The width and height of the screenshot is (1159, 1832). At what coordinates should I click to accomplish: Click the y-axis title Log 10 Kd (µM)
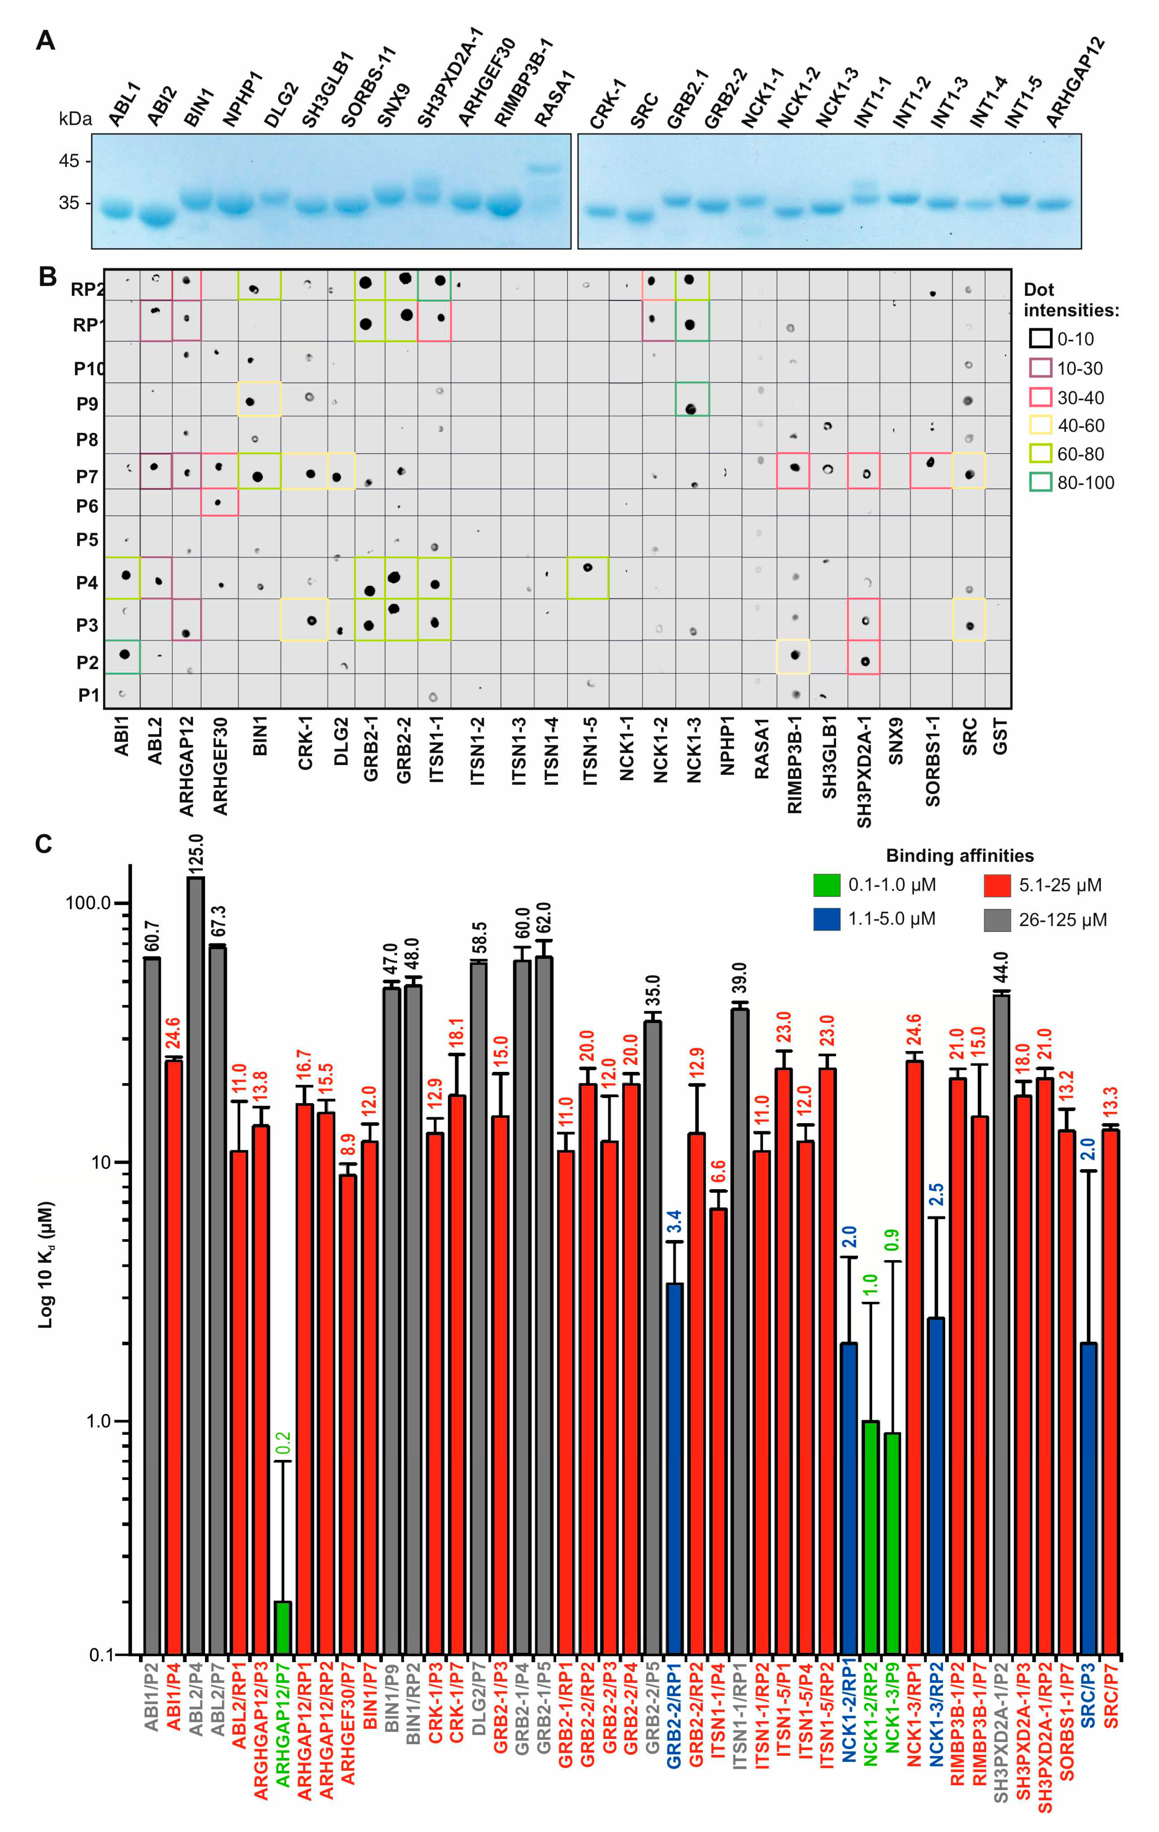tap(46, 1264)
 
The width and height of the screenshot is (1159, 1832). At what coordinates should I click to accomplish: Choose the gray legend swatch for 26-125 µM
tap(997, 920)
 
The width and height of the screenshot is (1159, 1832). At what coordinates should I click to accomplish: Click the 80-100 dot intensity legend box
tap(1040, 482)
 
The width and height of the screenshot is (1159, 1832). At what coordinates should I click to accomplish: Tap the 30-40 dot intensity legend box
tap(1040, 397)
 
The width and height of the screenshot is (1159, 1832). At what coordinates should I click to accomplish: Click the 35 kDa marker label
tap(69, 203)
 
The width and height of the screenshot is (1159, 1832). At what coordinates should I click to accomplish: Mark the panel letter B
tap(47, 277)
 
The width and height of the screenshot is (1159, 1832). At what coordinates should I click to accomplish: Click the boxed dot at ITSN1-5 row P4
tap(588, 568)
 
